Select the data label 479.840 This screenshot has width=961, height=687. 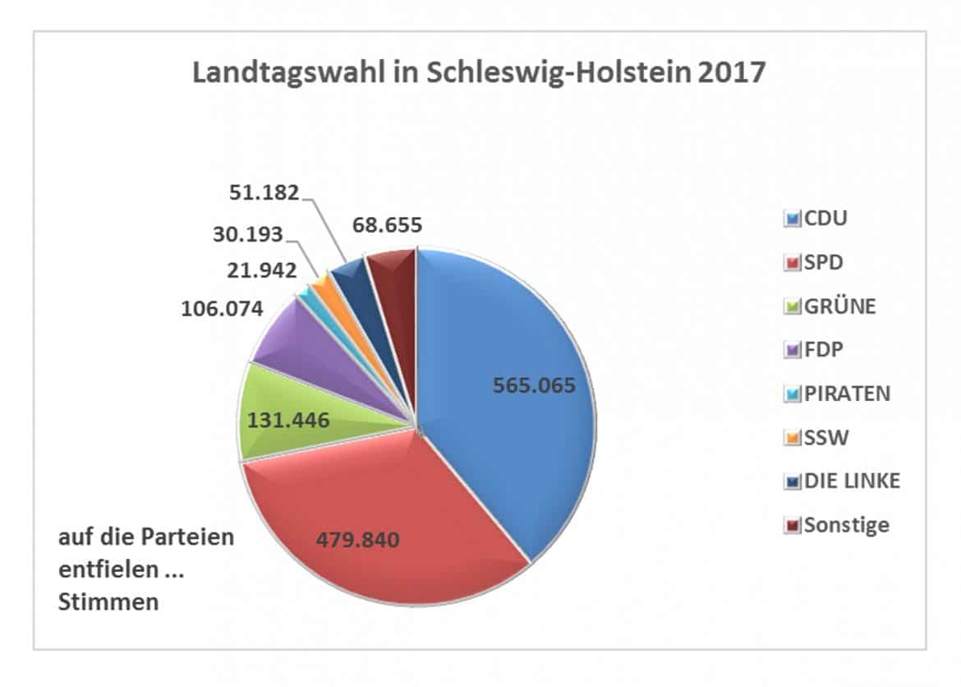[x=358, y=540]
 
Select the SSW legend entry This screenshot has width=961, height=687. [x=825, y=436]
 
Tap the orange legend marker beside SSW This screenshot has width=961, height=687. [x=793, y=437]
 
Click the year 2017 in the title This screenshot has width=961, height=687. [x=731, y=72]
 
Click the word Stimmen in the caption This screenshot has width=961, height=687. [x=108, y=602]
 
